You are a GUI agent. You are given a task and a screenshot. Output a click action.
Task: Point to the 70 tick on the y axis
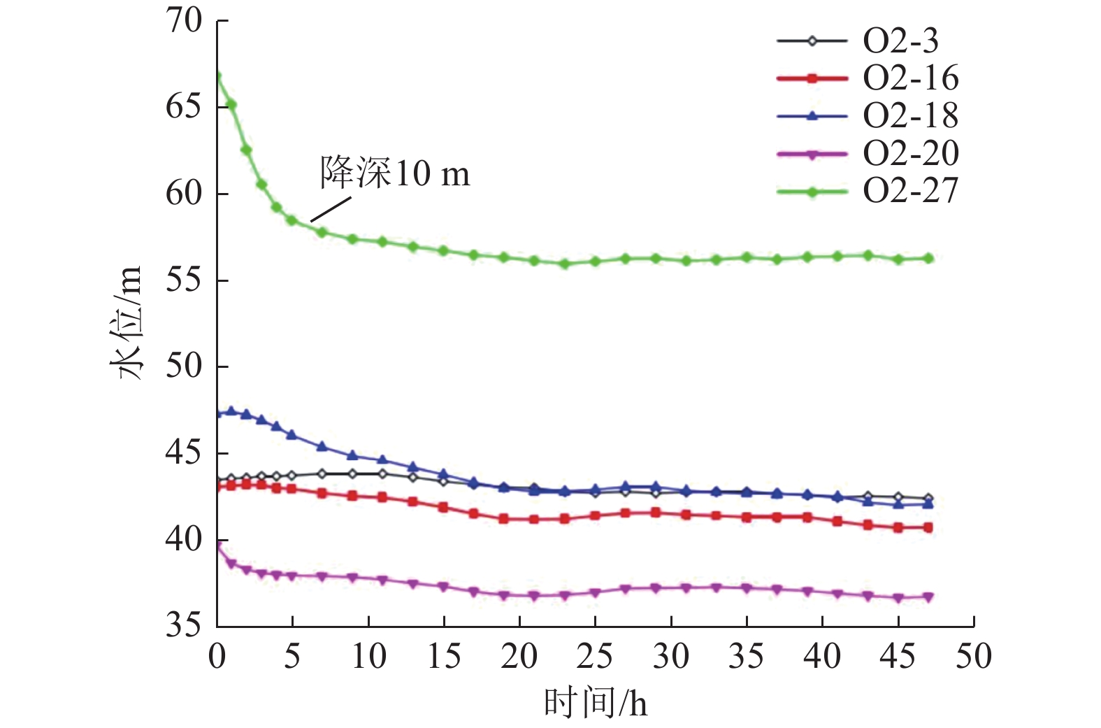tap(184, 21)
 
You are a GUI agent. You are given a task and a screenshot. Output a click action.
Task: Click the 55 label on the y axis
tap(184, 280)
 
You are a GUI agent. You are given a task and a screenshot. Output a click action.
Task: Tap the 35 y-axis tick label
tap(184, 625)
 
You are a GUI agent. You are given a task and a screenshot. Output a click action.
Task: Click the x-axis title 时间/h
tap(596, 704)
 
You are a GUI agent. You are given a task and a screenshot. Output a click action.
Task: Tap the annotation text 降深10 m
tap(395, 173)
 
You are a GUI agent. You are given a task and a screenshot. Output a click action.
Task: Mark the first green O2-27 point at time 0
tap(217, 76)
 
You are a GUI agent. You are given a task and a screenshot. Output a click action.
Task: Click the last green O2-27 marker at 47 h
tap(928, 258)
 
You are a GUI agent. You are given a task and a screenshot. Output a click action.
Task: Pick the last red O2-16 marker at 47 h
tap(928, 527)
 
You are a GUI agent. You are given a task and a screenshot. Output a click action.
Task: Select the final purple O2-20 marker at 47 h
tap(928, 597)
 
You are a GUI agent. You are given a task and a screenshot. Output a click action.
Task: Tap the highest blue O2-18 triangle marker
tap(231, 411)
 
